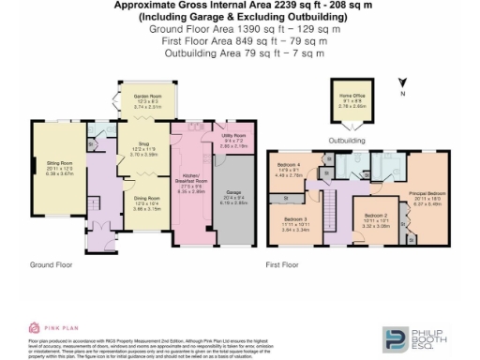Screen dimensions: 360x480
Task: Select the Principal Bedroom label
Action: pos(427,200)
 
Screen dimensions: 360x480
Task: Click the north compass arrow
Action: pos(401,85)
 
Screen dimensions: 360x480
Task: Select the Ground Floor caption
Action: pos(53,265)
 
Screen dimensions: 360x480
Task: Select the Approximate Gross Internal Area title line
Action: pos(244,6)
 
